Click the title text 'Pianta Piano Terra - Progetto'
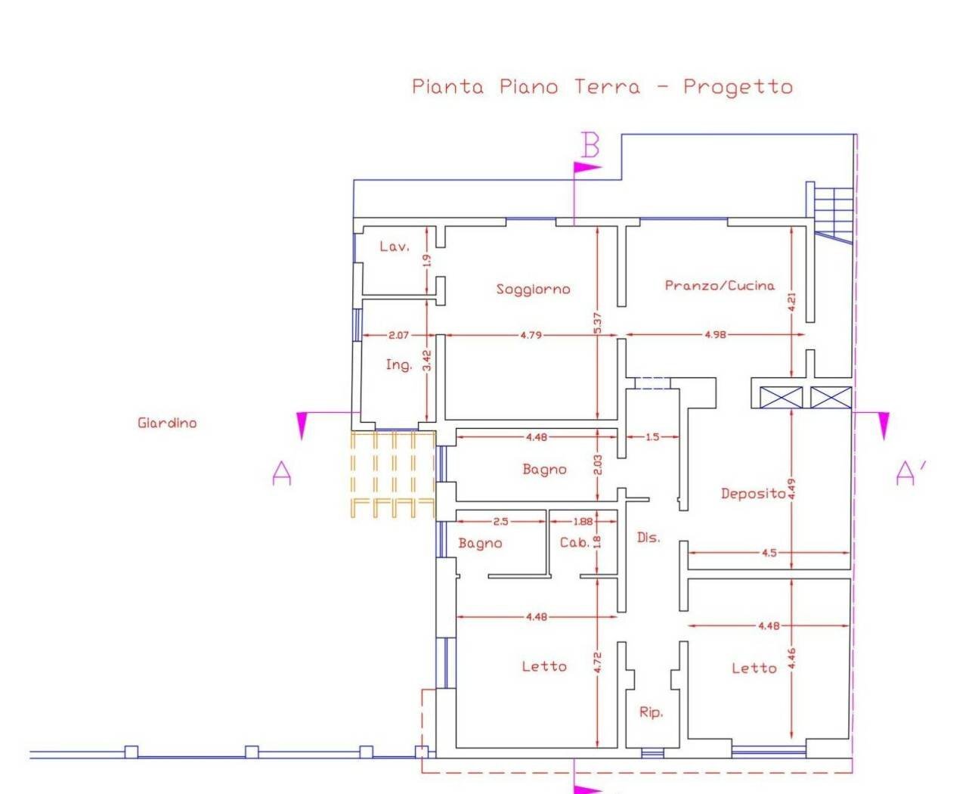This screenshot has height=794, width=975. tap(602, 86)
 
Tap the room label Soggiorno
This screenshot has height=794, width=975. tap(533, 289)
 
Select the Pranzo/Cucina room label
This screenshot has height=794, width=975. tap(720, 285)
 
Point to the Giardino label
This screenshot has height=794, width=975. tap(167, 423)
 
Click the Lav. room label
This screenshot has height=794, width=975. tap(394, 246)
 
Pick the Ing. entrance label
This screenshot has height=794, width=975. tap(398, 364)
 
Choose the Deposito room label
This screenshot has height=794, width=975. tap(753, 494)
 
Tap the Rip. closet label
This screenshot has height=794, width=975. tap(651, 712)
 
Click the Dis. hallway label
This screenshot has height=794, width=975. tap(648, 538)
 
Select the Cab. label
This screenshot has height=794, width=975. tap(574, 542)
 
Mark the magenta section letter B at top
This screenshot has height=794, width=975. tap(590, 145)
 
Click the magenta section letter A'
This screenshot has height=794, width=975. tap(909, 473)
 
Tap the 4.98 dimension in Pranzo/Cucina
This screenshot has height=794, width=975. tap(716, 334)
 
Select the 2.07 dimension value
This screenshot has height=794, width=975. tap(398, 335)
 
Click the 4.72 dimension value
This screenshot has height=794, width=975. tap(597, 663)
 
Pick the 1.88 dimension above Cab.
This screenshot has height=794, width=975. tap(583, 521)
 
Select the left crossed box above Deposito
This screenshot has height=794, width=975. tap(780, 397)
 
